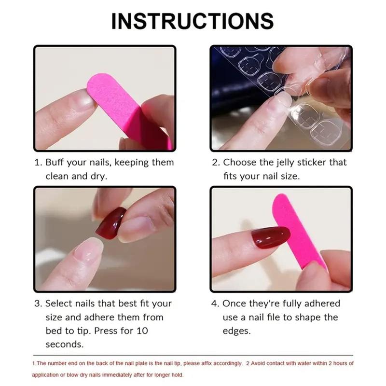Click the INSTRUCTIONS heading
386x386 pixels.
193,21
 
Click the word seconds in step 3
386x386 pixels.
64,345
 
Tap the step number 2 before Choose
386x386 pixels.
215,163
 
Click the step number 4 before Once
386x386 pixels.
215,303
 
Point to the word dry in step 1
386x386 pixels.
99,176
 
